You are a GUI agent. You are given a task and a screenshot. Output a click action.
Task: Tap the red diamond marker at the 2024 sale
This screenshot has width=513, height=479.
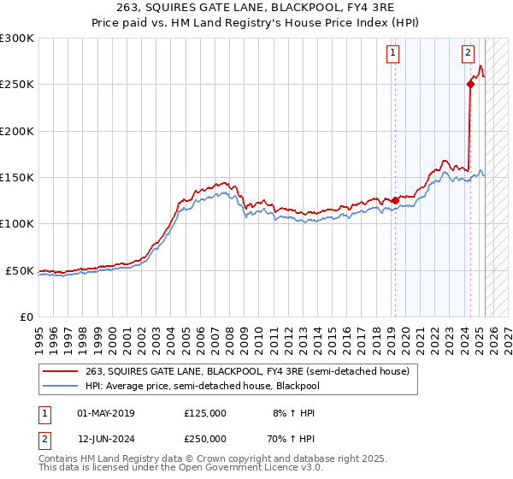pos(470,84)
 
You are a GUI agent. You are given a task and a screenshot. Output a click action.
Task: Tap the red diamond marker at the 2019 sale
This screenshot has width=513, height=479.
pos(395,201)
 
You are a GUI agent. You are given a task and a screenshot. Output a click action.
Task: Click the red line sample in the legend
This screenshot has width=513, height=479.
pos(62,371)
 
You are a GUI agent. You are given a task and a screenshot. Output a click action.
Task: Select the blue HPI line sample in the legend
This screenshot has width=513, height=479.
pos(62,386)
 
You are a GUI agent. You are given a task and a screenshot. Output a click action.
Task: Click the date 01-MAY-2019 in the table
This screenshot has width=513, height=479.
pos(106,413)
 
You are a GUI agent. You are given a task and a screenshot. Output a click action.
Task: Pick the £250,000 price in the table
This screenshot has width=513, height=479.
pos(205,438)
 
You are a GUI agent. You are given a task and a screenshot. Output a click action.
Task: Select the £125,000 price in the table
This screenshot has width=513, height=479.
pos(205,413)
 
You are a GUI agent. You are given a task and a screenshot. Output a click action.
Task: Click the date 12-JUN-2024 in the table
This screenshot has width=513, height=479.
pos(106,438)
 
